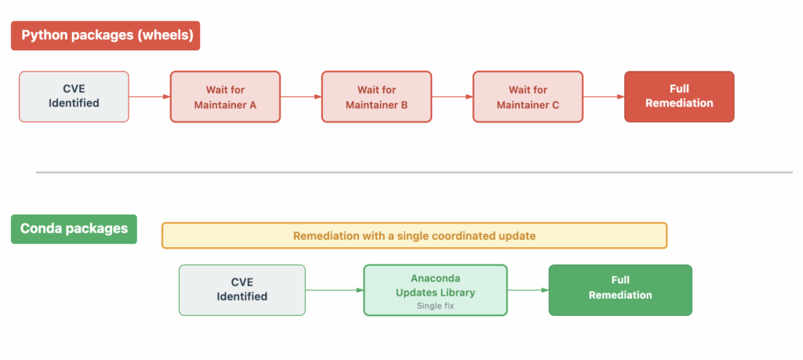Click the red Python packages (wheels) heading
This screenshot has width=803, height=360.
point(105,35)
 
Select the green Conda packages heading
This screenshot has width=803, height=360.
point(74,229)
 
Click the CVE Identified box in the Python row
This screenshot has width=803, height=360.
point(74,96)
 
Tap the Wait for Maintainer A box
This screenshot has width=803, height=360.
point(225,96)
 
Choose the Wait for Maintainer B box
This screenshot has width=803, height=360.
point(376,96)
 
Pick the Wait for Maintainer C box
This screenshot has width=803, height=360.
point(528,96)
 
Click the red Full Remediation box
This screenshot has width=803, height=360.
point(679,96)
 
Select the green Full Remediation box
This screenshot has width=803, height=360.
point(620,289)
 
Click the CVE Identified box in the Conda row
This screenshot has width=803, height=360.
point(242,289)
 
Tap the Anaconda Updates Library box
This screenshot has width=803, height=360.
point(435,289)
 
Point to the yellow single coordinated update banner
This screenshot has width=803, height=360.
point(414,235)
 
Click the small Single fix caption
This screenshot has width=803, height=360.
point(435,306)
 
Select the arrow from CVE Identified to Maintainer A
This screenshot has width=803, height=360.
point(149,96)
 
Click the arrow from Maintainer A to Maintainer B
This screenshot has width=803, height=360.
point(300,96)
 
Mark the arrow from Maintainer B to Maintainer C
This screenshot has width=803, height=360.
point(452,96)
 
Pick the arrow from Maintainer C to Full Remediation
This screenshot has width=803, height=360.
point(603,96)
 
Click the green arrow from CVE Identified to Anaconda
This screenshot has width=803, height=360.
point(334,289)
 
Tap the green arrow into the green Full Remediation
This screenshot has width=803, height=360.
point(528,289)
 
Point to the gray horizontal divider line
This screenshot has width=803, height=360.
point(414,172)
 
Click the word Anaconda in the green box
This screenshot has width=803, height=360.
point(435,278)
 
